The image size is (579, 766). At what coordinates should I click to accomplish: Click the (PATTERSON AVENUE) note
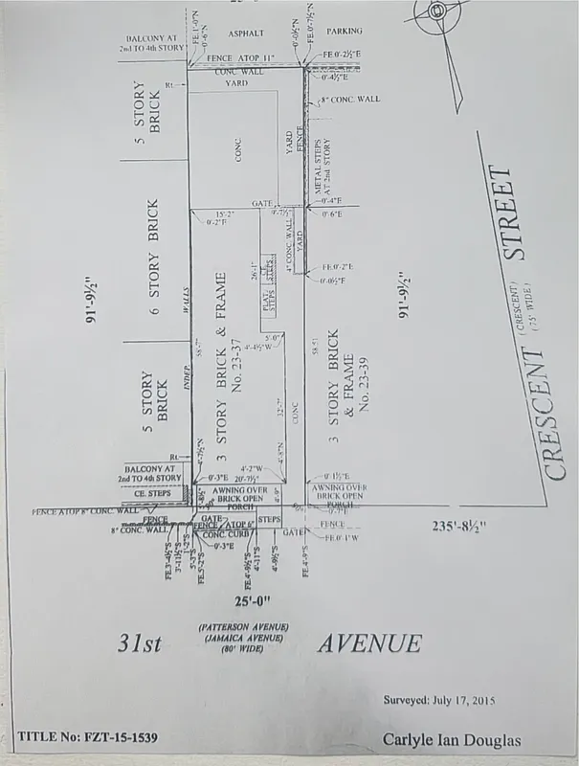(244, 626)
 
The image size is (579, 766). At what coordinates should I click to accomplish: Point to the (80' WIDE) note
(244, 649)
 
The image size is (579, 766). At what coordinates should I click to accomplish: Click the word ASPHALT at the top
(245, 33)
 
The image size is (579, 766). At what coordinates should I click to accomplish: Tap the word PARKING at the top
(343, 31)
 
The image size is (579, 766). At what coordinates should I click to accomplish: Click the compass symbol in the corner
(438, 11)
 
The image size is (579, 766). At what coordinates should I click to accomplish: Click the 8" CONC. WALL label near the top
(350, 100)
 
